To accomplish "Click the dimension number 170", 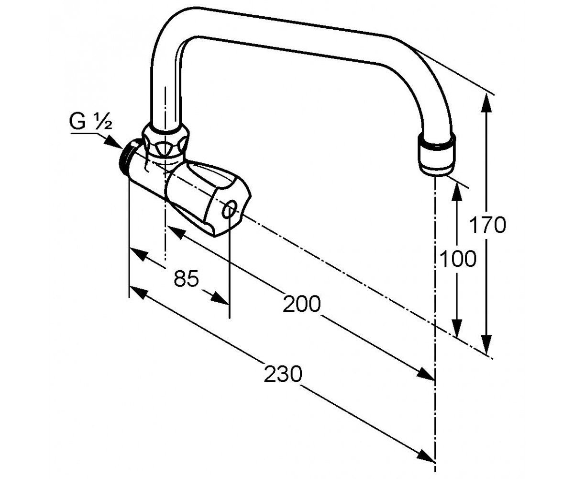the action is point(487,225).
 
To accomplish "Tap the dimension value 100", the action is point(458,258).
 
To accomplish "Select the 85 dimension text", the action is point(186,278).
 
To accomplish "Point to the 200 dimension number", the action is point(301,303).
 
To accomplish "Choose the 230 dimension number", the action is point(283,374).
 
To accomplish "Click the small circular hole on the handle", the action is point(229,210).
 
